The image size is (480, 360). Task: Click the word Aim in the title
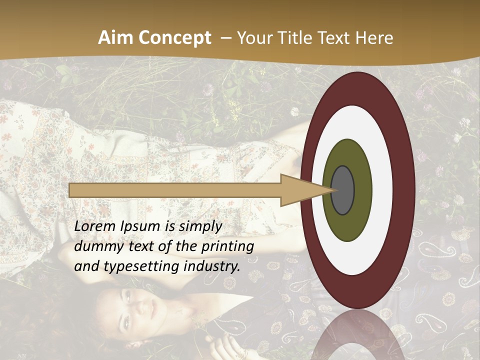click(114, 38)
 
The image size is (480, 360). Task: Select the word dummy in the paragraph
click(97, 246)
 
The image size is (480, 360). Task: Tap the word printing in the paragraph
click(227, 247)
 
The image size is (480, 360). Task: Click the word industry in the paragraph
click(210, 266)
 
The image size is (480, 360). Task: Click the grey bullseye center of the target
click(342, 190)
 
